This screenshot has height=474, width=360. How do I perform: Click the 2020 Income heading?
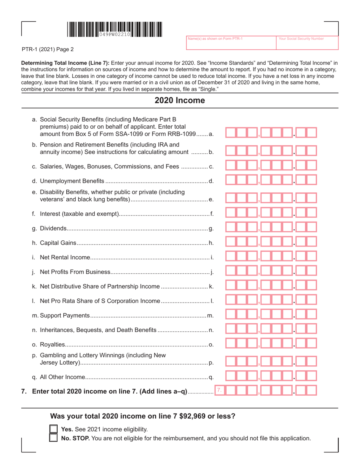pos(180,101)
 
